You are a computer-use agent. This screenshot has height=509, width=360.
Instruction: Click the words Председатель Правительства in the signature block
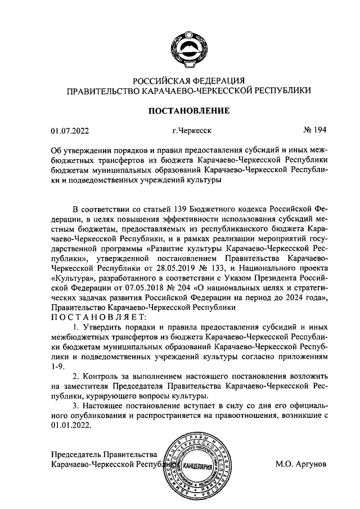[x=103, y=454]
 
